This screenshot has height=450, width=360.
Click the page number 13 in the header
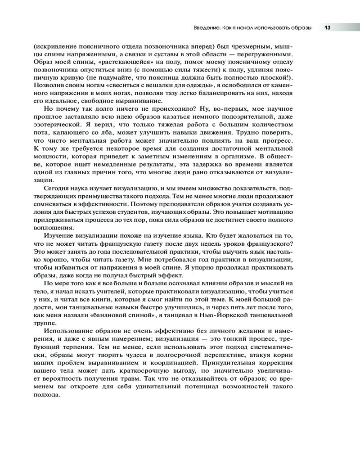pos(328,28)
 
